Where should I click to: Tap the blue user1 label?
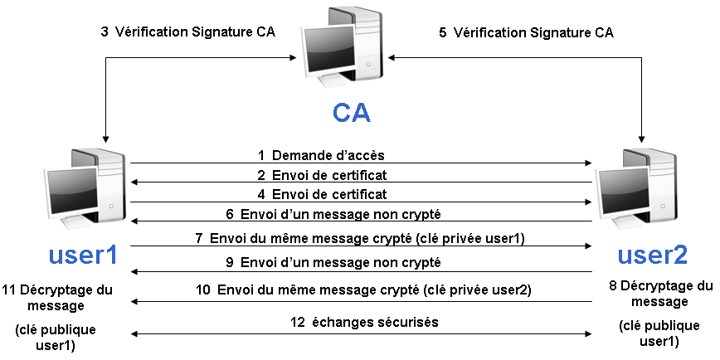click(82, 255)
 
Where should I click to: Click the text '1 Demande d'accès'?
click(321, 155)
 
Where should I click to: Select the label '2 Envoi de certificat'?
click(321, 175)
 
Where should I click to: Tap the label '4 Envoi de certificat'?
click(321, 195)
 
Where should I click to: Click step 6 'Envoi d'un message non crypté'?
click(332, 214)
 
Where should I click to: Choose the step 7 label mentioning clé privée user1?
click(361, 238)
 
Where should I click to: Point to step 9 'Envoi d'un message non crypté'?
click(332, 263)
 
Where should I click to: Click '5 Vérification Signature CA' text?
click(526, 32)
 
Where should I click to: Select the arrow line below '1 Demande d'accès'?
click(361, 163)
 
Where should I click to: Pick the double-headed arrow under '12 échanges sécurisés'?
click(361, 333)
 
